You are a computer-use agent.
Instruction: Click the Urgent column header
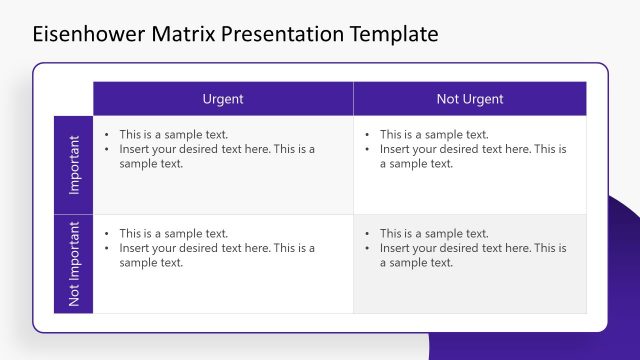coord(223,99)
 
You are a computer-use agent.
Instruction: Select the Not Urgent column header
coord(470,99)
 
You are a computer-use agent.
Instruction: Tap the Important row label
coord(74,165)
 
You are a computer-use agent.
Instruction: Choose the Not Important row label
coord(74,264)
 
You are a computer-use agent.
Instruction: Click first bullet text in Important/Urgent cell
coord(174,134)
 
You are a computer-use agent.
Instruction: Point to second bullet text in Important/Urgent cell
coord(216,156)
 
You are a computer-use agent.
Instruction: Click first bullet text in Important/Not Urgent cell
coord(434,134)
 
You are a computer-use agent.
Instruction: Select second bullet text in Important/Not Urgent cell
coord(472,156)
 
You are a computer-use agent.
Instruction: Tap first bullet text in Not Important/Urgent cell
coord(174,234)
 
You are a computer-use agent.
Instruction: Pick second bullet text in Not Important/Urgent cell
coord(216,256)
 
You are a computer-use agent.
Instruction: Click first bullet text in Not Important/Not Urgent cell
coord(434,234)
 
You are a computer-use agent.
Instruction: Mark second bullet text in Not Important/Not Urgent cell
coord(472,256)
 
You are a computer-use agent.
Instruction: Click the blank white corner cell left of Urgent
coord(73,99)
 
